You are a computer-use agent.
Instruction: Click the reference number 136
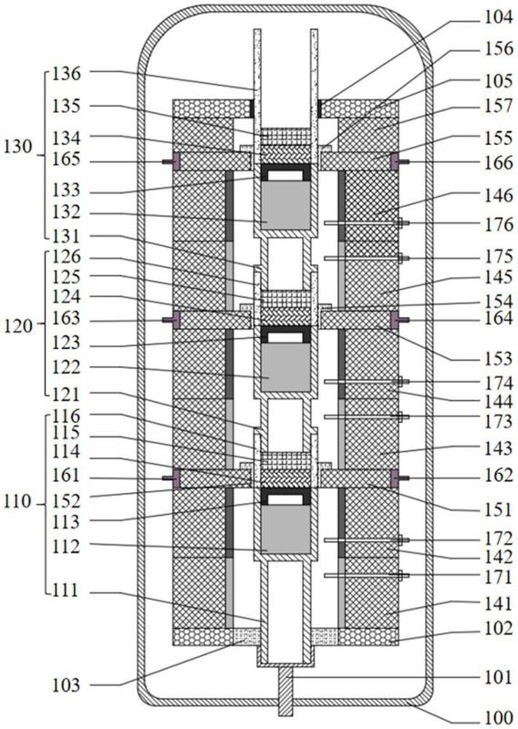click(66, 74)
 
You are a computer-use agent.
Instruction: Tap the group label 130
click(17, 147)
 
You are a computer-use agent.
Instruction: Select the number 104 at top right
click(498, 17)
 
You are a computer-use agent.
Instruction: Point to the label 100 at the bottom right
click(498, 718)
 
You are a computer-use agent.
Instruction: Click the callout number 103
click(66, 685)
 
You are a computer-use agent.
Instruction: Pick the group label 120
click(17, 326)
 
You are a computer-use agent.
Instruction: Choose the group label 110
click(17, 502)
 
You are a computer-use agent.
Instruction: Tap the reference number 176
click(498, 225)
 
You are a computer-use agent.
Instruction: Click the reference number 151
click(498, 509)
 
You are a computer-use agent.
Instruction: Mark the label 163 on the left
click(66, 319)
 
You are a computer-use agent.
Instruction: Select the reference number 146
click(498, 196)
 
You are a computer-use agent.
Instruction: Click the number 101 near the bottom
click(498, 677)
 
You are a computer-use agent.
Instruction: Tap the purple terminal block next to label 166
click(394, 162)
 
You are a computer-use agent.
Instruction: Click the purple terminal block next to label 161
click(176, 478)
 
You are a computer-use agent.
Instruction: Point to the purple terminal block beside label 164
click(394, 320)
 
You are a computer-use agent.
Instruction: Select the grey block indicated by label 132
click(285, 205)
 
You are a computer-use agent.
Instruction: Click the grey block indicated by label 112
click(285, 529)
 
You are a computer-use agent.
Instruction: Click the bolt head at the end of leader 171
click(399, 576)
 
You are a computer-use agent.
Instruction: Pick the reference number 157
click(498, 107)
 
